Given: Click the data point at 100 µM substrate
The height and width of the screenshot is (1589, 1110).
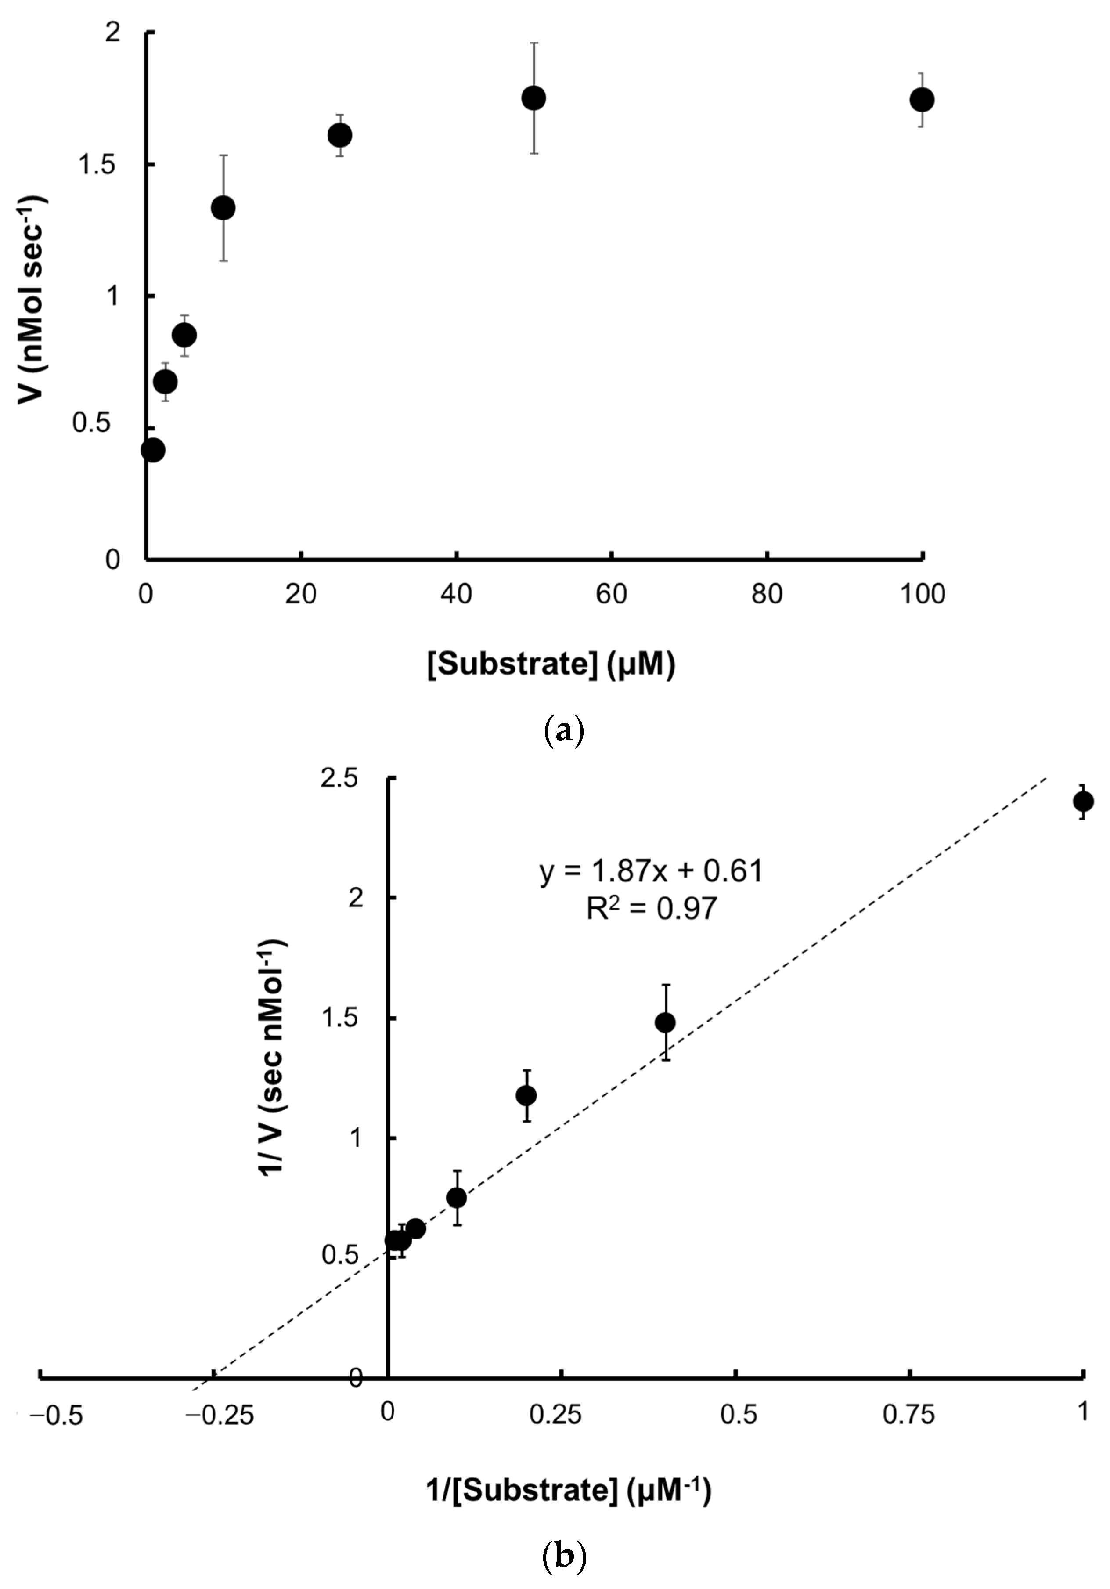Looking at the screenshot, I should click(921, 100).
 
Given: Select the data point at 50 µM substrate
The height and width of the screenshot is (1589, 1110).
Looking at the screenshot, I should click(533, 98).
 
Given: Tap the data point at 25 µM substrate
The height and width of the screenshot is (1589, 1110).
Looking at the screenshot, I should click(340, 135).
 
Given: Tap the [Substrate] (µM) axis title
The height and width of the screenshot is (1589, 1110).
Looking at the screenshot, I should click(551, 665).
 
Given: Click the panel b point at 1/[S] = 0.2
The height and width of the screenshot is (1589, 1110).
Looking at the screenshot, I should click(526, 1095).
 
